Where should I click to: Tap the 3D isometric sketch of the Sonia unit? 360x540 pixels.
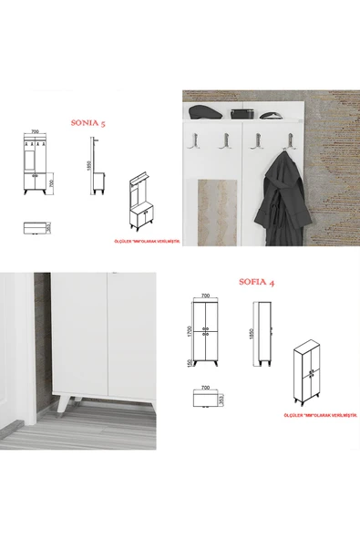[141, 202]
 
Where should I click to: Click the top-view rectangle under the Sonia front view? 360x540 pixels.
[35, 228]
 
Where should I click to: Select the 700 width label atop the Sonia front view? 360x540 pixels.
[34, 131]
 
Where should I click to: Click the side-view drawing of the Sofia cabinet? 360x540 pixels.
[268, 334]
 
